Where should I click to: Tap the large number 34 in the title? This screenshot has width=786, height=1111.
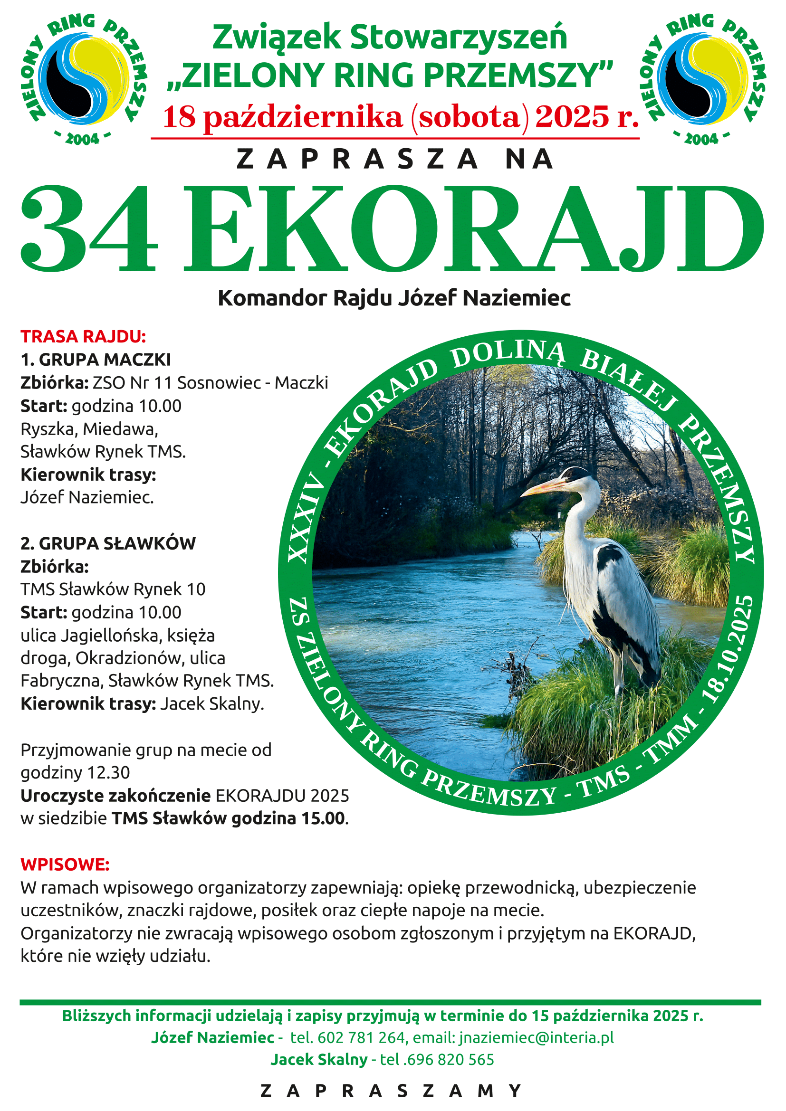click(89, 228)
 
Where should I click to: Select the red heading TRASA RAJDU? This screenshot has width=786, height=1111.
click(83, 336)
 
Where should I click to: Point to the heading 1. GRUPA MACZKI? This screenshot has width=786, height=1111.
click(96, 360)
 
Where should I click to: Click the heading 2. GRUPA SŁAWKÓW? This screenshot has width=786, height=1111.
click(108, 543)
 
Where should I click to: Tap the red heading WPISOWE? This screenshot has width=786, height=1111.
click(65, 864)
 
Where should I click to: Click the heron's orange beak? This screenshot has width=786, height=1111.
click(542, 487)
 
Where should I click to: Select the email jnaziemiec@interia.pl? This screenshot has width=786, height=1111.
click(536, 1037)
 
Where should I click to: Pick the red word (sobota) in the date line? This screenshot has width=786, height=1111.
click(469, 117)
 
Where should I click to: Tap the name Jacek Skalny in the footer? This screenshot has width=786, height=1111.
click(319, 1059)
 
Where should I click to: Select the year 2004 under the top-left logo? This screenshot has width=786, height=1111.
click(82, 139)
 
